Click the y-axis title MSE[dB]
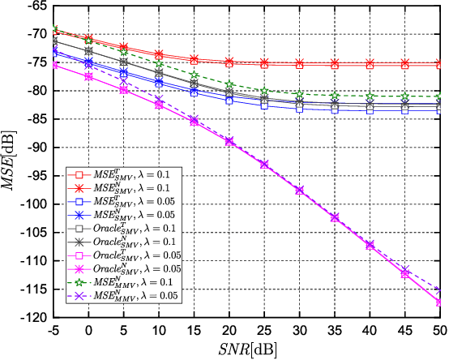pos(10,163)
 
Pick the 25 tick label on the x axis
pos(264,330)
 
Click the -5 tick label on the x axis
pos(53,330)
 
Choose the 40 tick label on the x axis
pos(370,330)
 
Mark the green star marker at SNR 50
pos(439,96)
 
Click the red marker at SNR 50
pos(439,64)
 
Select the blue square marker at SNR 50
pos(439,109)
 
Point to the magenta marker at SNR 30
pos(299,190)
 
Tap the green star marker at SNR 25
pos(264,92)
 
